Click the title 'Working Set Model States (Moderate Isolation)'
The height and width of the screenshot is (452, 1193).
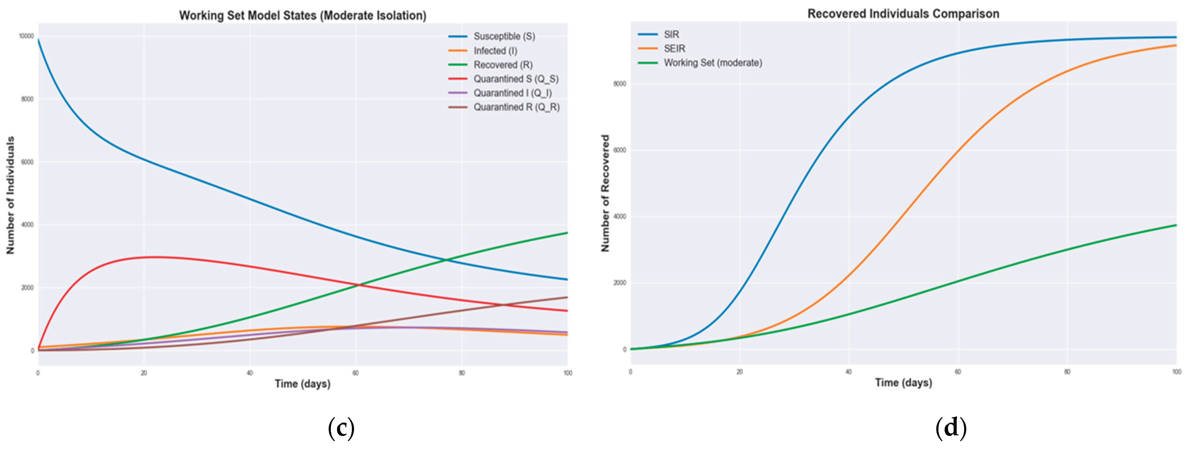(302, 15)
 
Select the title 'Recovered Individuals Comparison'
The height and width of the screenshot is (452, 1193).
(903, 13)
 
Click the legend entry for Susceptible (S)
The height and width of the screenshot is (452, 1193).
(504, 36)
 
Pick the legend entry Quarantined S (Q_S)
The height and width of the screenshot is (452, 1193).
(516, 79)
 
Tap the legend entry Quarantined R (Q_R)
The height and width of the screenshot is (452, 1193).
(516, 107)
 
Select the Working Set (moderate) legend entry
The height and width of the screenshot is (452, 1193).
(712, 62)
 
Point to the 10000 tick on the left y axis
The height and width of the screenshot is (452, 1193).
(26, 36)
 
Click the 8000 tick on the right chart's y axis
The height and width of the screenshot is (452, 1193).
(620, 84)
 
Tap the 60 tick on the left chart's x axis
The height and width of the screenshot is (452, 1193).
(356, 373)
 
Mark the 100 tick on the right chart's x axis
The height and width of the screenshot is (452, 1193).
(1176, 372)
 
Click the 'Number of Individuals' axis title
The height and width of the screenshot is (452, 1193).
(10, 195)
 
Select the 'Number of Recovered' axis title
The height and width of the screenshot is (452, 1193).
(605, 193)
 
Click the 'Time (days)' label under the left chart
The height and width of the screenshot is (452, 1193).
(302, 384)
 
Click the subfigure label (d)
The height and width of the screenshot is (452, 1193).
(951, 427)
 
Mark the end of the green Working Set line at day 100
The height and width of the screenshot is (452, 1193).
(1176, 225)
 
